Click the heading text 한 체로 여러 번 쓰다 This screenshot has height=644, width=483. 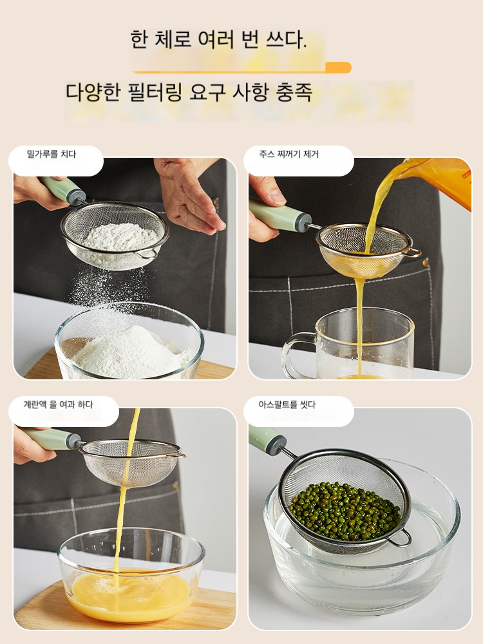[x=218, y=40]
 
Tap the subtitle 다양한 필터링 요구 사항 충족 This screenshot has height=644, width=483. [x=189, y=92]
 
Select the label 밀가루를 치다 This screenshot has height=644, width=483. [x=52, y=154]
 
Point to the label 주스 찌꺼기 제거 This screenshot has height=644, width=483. [x=289, y=154]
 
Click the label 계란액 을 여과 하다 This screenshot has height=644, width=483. [x=58, y=404]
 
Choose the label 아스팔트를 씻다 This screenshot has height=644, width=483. [x=287, y=404]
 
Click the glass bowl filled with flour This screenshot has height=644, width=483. [x=129, y=341]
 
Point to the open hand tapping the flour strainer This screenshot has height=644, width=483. [x=189, y=193]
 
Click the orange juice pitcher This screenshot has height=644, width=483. [x=442, y=181]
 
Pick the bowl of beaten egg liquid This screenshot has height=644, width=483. [x=131, y=575]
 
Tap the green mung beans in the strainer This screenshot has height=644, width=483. [x=345, y=512]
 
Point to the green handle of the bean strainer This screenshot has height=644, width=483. [x=267, y=439]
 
